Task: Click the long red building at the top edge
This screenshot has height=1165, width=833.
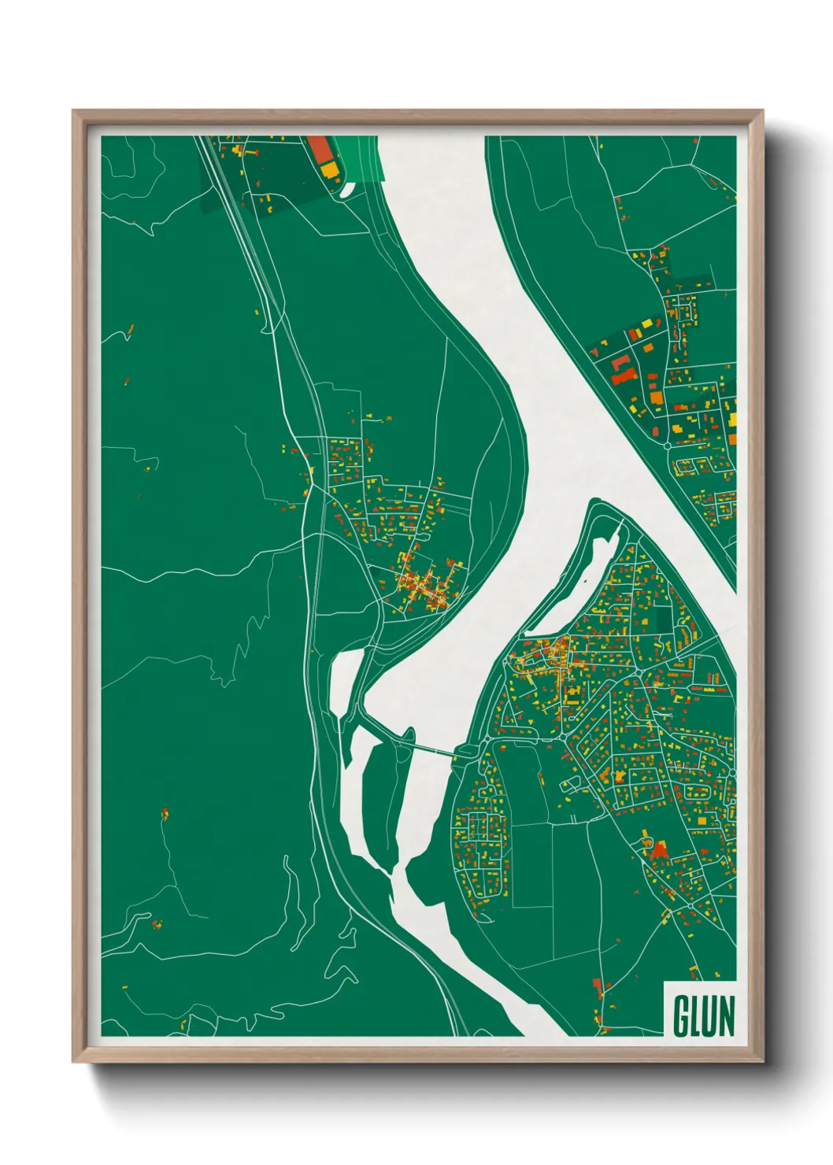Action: point(319,149)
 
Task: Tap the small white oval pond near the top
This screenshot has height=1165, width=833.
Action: point(348,189)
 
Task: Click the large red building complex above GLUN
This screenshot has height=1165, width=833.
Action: point(657,849)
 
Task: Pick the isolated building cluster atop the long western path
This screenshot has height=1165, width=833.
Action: point(165,812)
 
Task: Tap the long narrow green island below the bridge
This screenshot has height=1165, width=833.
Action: point(384,795)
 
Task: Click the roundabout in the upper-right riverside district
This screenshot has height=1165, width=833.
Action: point(668,446)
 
